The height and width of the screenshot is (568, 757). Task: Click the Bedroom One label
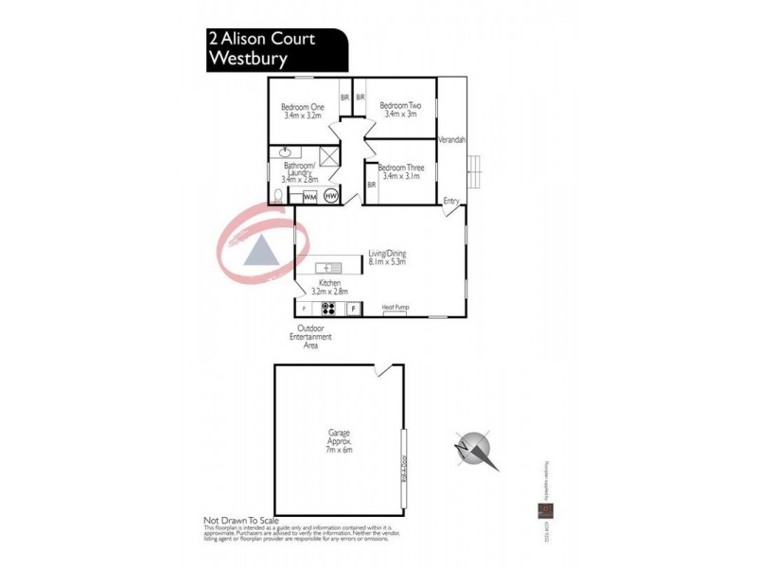pyautogui.click(x=303, y=107)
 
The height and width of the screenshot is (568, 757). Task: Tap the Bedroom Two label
pyautogui.click(x=398, y=105)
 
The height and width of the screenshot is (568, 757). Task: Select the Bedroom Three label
pyautogui.click(x=402, y=168)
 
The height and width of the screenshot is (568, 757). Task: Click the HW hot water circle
pyautogui.click(x=330, y=196)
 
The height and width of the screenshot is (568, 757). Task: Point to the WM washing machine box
pyautogui.click(x=308, y=196)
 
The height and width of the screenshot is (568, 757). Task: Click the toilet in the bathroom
pyautogui.click(x=276, y=195)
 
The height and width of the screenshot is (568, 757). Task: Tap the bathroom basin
pyautogui.click(x=283, y=152)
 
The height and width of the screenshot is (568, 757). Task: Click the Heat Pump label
pyautogui.click(x=395, y=307)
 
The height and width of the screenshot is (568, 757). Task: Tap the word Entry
pyautogui.click(x=451, y=200)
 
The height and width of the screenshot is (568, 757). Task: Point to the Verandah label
pyautogui.click(x=451, y=140)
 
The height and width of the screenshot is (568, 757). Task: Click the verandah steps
pyautogui.click(x=478, y=170)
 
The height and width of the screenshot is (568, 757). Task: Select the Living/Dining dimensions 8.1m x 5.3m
pyautogui.click(x=387, y=262)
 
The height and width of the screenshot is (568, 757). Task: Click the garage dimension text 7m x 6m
pyautogui.click(x=338, y=451)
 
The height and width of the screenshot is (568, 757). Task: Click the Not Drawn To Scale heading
pyautogui.click(x=241, y=521)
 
